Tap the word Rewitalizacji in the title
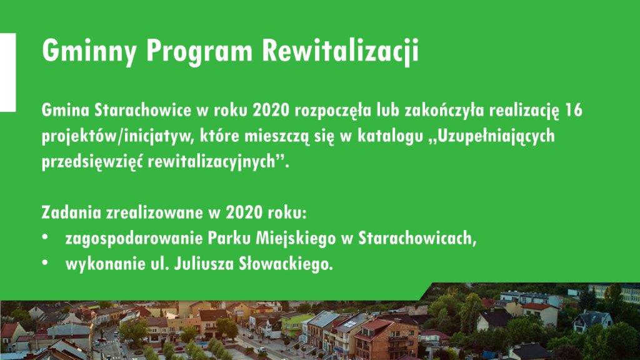click(340, 51)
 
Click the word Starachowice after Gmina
click(143, 110)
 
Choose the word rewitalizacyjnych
click(212, 162)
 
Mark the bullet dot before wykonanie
click(45, 262)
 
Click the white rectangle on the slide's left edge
click(7, 72)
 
